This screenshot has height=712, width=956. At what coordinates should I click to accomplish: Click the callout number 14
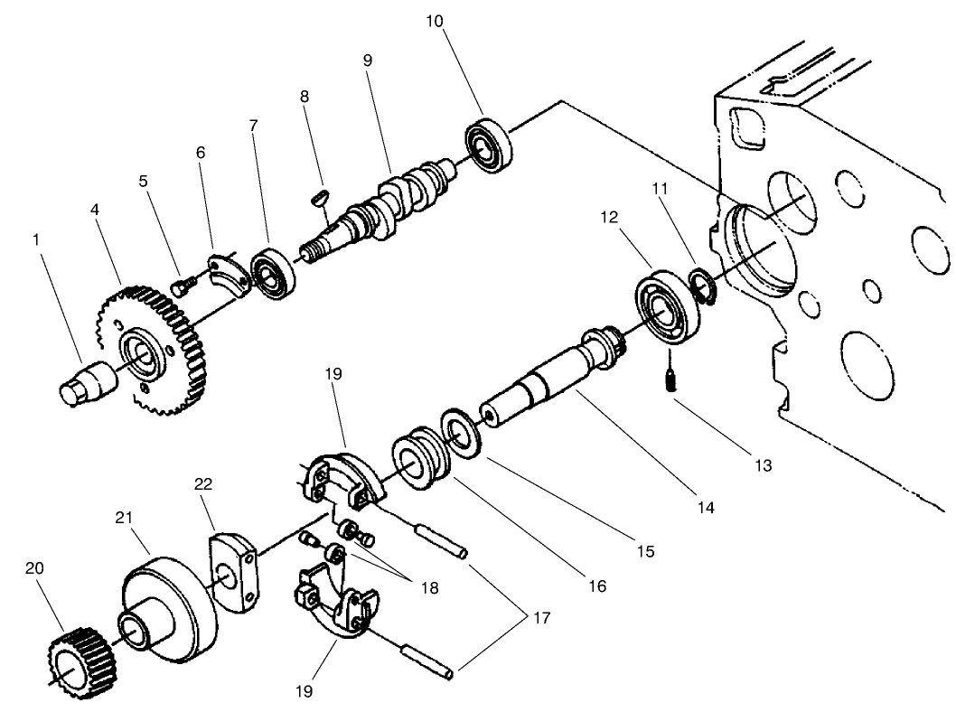[706, 508]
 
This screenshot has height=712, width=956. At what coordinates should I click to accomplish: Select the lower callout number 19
[304, 691]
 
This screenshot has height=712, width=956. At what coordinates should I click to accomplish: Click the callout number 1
[35, 241]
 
